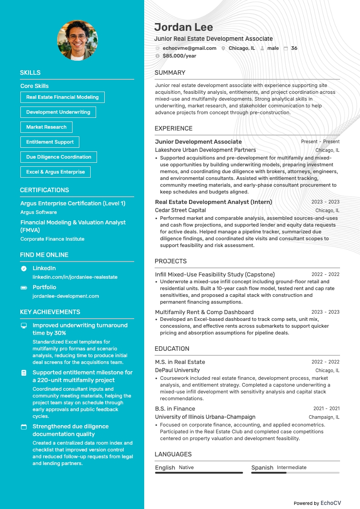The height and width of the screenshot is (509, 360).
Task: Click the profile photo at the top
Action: [x=77, y=40]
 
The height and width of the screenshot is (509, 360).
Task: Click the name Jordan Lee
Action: [x=183, y=27]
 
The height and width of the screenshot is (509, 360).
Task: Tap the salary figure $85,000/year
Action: [x=179, y=56]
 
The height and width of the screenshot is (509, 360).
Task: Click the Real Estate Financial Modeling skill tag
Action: [x=62, y=97]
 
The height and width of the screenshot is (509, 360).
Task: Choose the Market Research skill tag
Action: [x=46, y=127]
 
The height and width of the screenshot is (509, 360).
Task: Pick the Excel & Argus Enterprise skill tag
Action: [x=55, y=172]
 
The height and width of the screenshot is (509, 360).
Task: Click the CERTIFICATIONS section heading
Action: [x=44, y=190]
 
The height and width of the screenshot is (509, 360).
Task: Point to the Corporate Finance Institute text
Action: [x=52, y=239]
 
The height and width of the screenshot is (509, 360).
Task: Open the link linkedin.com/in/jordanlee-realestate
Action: [x=75, y=277]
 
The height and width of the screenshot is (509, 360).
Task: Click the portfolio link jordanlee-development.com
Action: [x=65, y=296]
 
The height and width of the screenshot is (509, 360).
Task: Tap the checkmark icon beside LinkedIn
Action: [x=24, y=268]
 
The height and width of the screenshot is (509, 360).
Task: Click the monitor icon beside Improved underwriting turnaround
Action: [x=24, y=325]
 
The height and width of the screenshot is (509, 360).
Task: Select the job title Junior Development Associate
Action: [x=198, y=141]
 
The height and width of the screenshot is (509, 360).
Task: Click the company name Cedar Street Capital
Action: [x=180, y=210]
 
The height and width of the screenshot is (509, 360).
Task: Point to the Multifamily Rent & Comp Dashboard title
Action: [x=204, y=312]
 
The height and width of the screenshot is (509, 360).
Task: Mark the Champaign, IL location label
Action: [x=324, y=417]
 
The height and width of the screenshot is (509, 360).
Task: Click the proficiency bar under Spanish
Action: [x=295, y=473]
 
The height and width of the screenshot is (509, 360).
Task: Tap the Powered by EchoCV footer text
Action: [x=317, y=503]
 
